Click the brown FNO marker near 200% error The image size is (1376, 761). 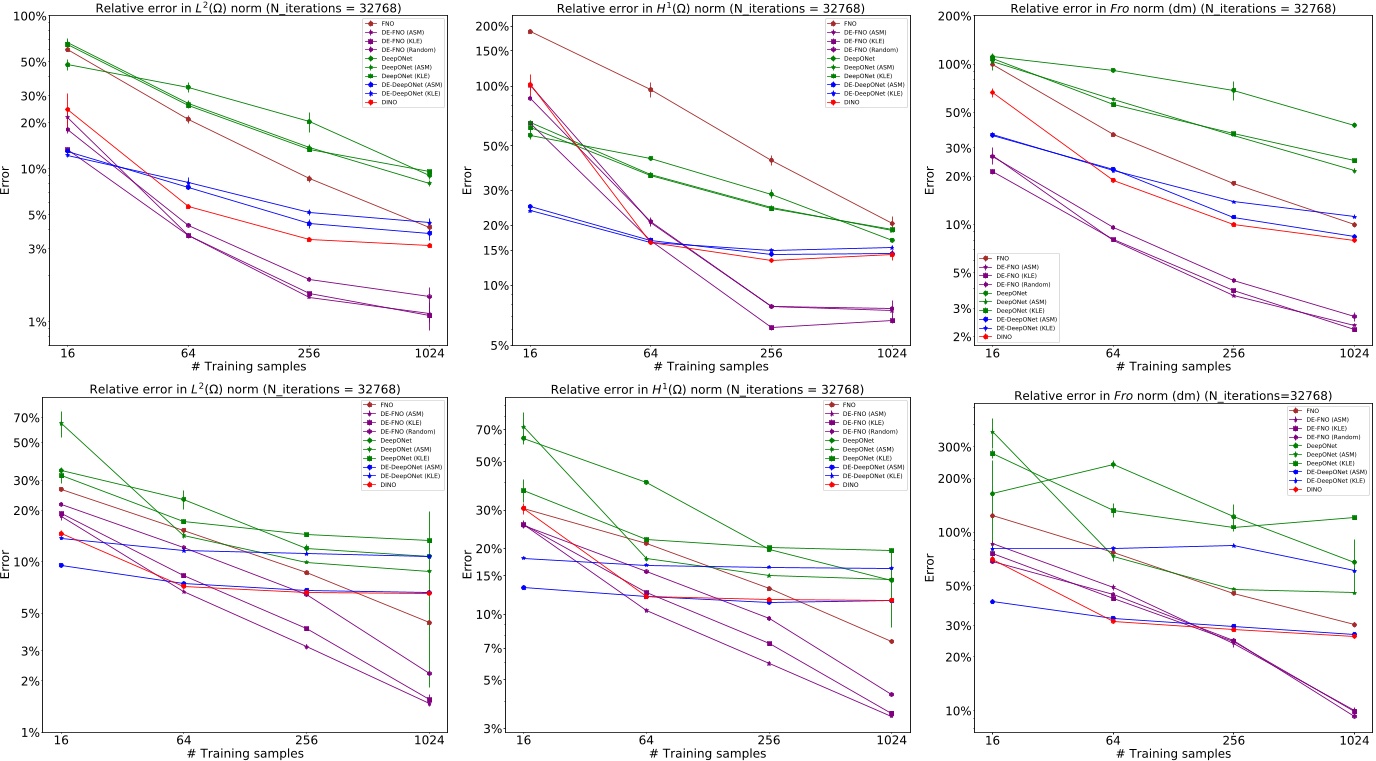530,32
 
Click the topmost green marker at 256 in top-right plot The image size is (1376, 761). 1233,90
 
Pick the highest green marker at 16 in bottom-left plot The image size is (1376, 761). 61,424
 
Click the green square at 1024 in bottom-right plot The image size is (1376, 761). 1354,517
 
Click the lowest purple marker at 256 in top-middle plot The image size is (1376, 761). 771,327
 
